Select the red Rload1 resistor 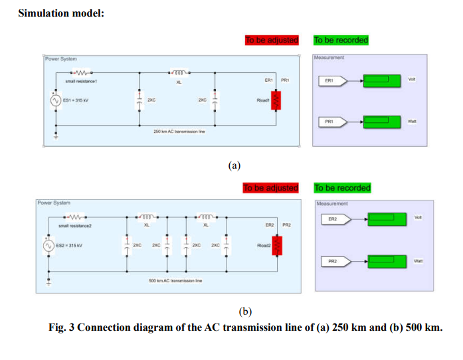click(x=278, y=100)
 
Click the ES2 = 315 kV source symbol click(x=48, y=246)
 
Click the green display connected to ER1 click(x=381, y=81)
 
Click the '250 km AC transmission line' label click(x=178, y=132)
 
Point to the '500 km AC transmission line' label click(x=175, y=281)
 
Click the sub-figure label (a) click(x=234, y=165)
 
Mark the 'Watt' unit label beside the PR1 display click(x=412, y=121)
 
